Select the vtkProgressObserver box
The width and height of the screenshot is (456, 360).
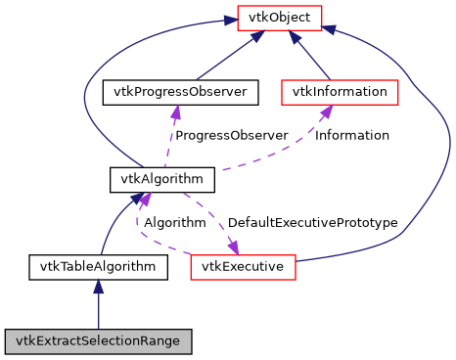pos(180,93)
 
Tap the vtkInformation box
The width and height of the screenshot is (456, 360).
pos(340,93)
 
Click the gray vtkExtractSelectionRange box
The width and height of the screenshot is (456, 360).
pos(98,341)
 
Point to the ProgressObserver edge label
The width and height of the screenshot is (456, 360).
pos(231,135)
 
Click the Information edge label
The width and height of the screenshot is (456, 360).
pos(351,135)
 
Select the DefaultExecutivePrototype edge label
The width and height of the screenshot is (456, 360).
pos(312,223)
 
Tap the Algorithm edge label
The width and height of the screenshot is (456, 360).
pos(174,223)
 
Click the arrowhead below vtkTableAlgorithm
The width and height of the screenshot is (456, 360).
pos(98,286)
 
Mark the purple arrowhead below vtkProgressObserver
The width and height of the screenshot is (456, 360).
pos(175,112)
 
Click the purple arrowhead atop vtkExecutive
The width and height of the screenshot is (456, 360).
pos(232,246)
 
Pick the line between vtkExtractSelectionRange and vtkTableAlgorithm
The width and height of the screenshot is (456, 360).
pos(98,311)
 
